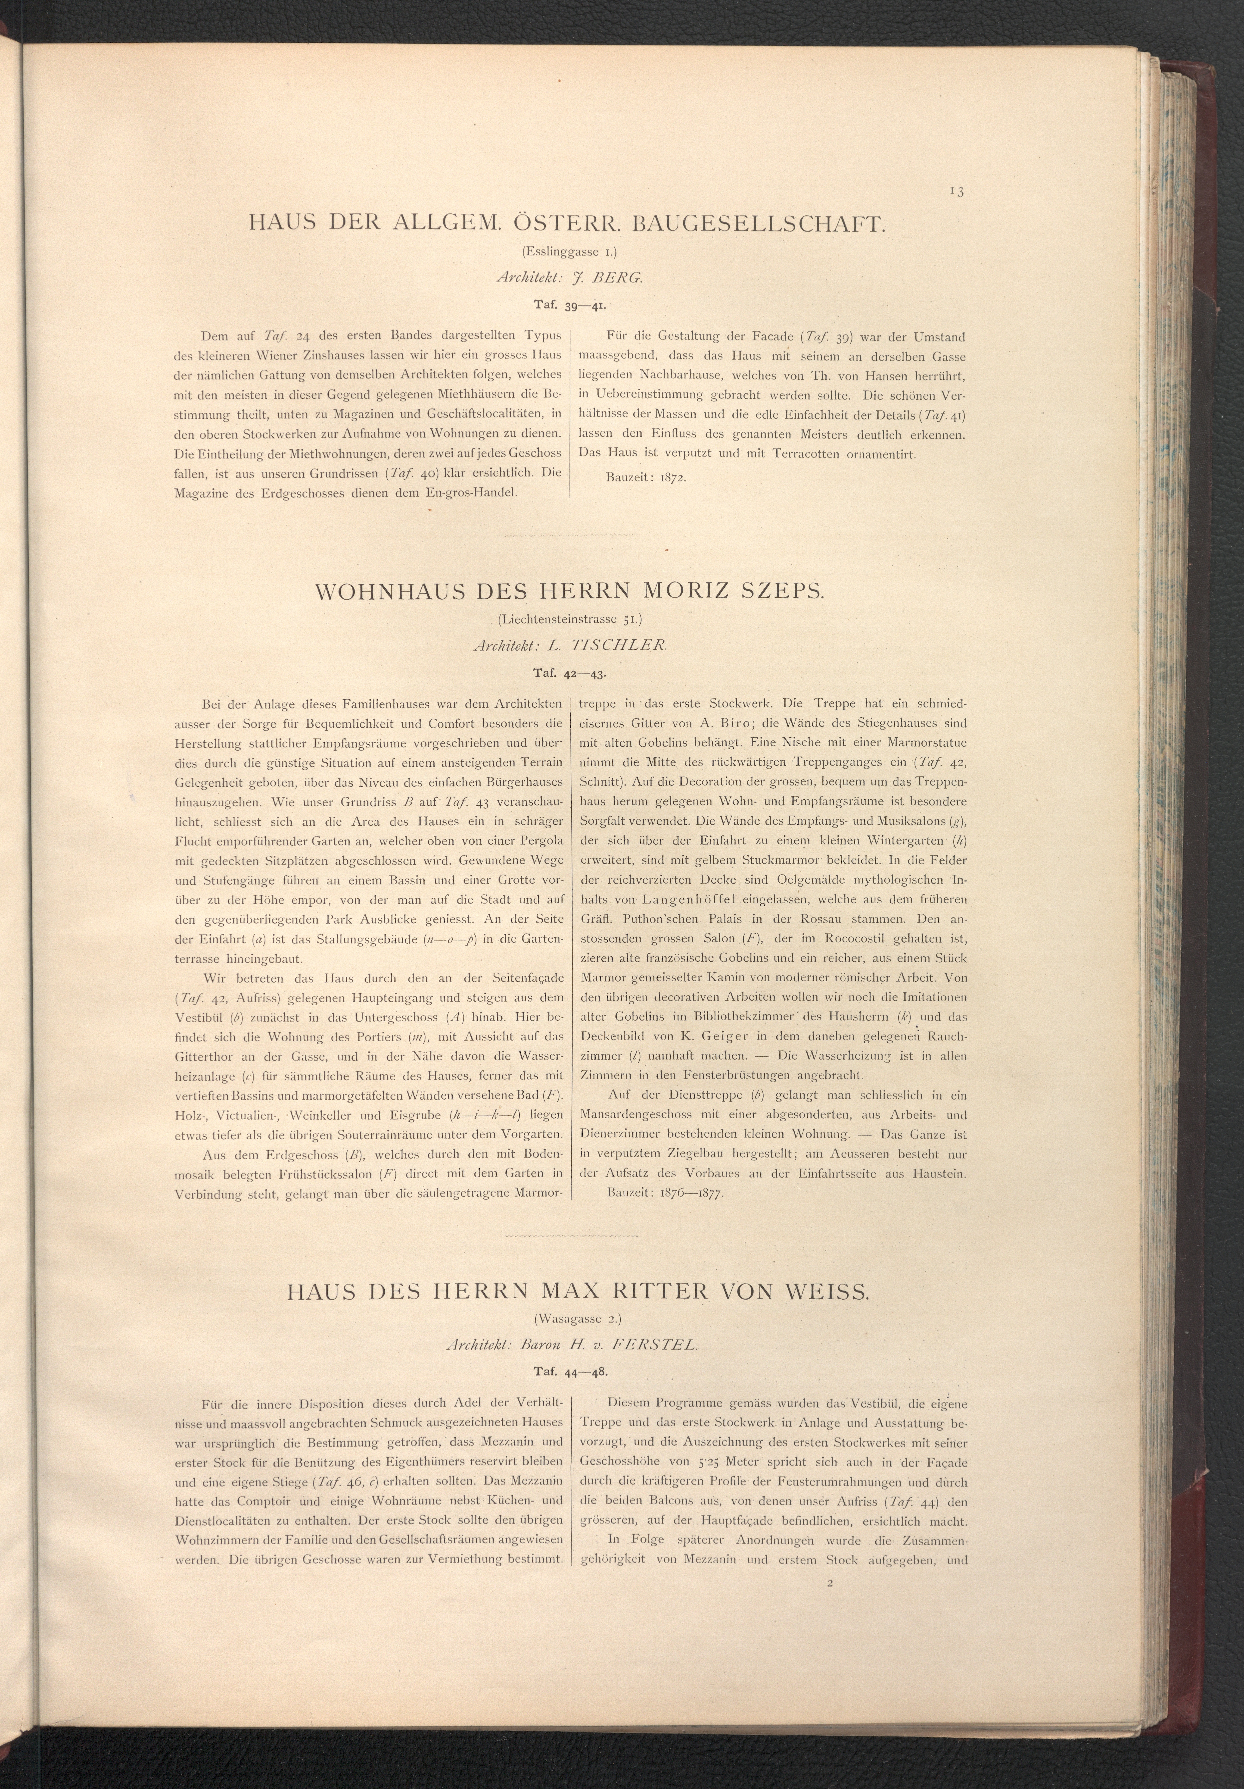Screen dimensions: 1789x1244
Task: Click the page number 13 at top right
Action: click(x=957, y=192)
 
